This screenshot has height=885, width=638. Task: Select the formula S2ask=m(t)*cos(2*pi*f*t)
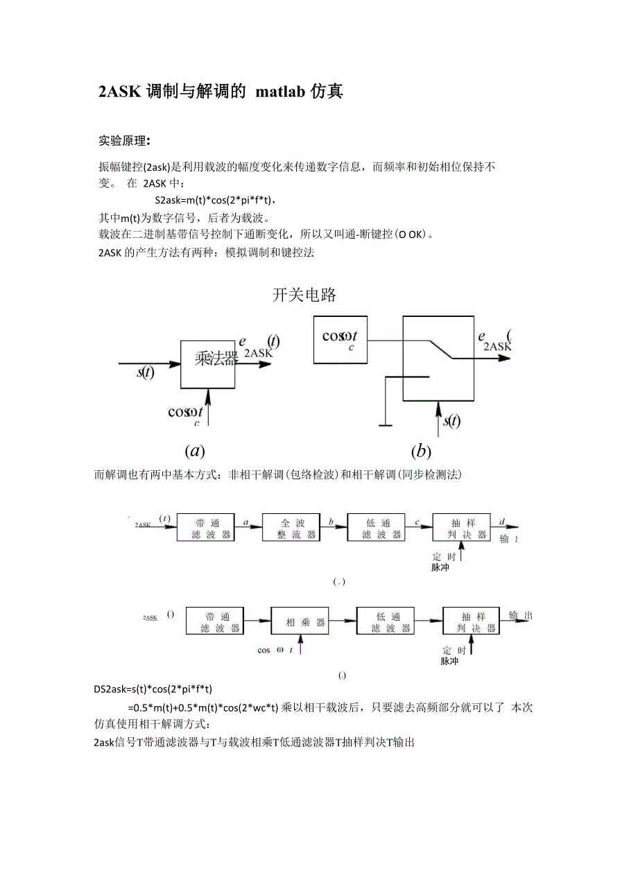pyautogui.click(x=216, y=200)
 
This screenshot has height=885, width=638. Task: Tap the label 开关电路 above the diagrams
pyautogui.click(x=304, y=295)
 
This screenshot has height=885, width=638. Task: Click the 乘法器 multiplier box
pyautogui.click(x=208, y=363)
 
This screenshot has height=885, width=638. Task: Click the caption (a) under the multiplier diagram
pyautogui.click(x=195, y=451)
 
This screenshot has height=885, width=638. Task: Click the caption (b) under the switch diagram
pyautogui.click(x=420, y=451)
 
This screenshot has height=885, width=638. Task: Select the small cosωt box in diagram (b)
pyautogui.click(x=340, y=340)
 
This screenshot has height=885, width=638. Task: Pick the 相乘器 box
pyautogui.click(x=299, y=621)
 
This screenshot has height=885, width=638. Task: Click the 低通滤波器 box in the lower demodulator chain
pyautogui.click(x=386, y=621)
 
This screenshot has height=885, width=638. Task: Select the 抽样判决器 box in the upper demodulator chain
pyautogui.click(x=460, y=529)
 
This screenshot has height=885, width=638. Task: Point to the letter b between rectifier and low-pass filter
pyautogui.click(x=331, y=519)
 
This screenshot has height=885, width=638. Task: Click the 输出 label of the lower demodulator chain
pyautogui.click(x=520, y=615)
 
